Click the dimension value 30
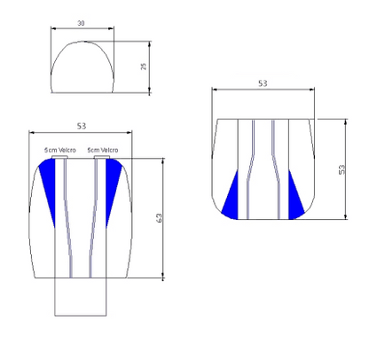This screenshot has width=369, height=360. [x=81, y=23]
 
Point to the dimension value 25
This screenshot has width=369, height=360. [x=144, y=67]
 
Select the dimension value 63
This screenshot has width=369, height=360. [x=159, y=218]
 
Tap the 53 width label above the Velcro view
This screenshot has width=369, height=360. [x=82, y=126]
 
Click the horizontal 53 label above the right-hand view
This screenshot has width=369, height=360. [x=263, y=83]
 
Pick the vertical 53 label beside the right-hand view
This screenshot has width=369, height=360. [x=342, y=169]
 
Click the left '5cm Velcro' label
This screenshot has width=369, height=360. [x=60, y=150]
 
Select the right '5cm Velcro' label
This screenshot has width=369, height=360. [x=103, y=150]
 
